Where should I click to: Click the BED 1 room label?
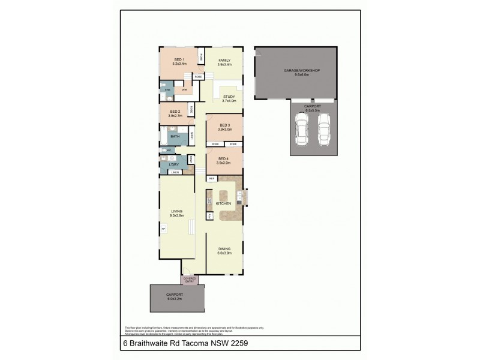[x=179, y=59]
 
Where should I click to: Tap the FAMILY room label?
[x=224, y=60]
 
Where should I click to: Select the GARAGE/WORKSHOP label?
[x=302, y=71]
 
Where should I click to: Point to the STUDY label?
[x=229, y=97]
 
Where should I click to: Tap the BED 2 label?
[x=175, y=111]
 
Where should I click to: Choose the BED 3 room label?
[x=224, y=125]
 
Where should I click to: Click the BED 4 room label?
[x=224, y=158]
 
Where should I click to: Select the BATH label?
[x=175, y=136]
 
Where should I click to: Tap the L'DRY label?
[x=174, y=164]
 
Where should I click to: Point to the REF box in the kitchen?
[x=212, y=179]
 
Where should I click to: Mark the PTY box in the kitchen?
[x=210, y=215]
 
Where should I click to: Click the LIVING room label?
[x=176, y=211]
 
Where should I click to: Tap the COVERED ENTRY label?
[x=190, y=280]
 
